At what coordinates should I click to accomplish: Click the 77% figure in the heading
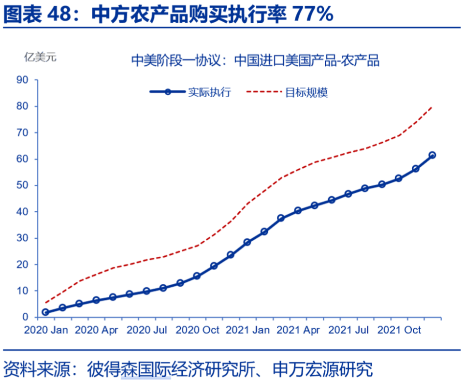click(x=313, y=14)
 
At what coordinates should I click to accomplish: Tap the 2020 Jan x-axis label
click(x=46, y=330)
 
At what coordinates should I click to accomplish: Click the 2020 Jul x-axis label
click(x=146, y=330)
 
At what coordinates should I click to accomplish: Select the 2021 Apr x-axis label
click(x=299, y=330)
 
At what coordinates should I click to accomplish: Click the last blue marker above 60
click(x=432, y=155)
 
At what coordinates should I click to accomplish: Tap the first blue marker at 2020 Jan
click(x=45, y=312)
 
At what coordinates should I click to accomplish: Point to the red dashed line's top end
click(x=432, y=107)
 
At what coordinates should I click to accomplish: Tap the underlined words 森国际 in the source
click(x=145, y=369)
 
